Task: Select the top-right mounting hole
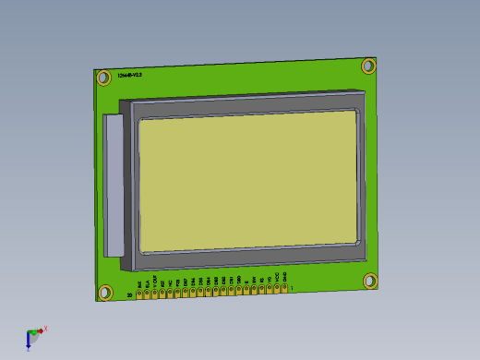(x=368, y=66)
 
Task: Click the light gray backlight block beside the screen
(x=114, y=185)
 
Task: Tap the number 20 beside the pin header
(x=129, y=295)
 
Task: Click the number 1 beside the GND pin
(x=293, y=288)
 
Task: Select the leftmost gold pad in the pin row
(x=139, y=295)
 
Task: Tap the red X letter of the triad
(x=45, y=328)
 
